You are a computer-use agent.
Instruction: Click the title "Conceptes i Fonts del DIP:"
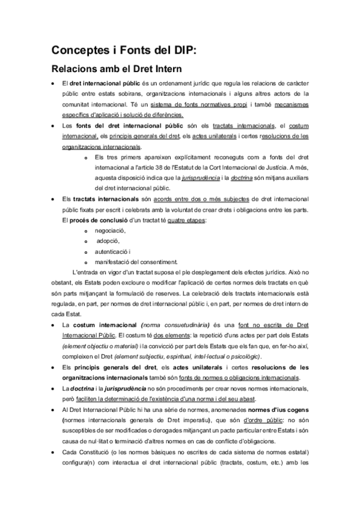point(128,51)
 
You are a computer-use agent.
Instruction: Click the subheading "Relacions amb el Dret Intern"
point(117,70)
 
